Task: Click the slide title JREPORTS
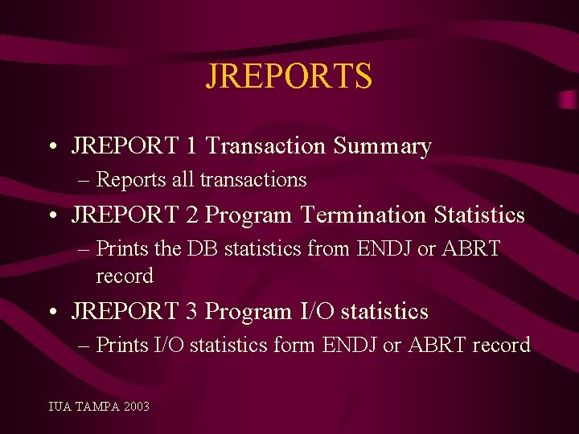289,76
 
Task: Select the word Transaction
266,146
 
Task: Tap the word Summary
383,146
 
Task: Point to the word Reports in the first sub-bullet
131,179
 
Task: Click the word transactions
253,179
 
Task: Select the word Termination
364,215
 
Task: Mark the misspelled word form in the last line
294,346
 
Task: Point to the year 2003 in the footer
137,407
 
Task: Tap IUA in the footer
60,407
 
